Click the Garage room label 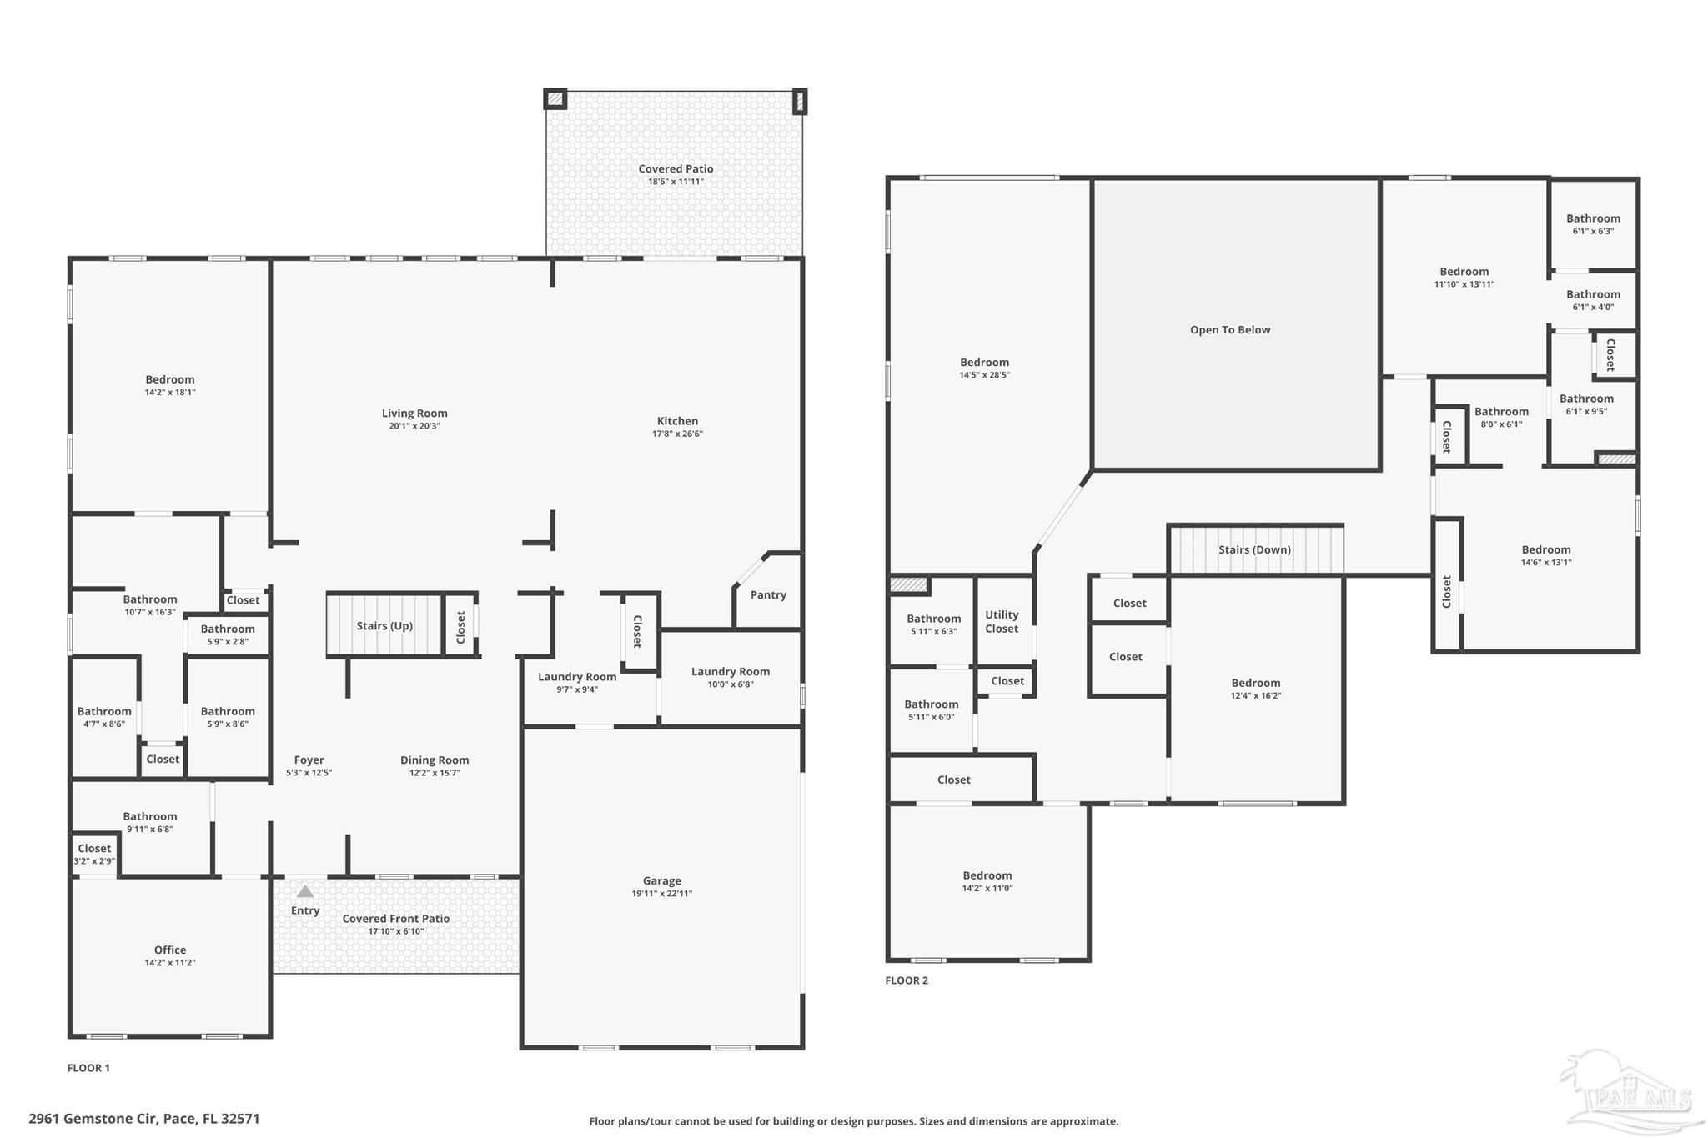coord(661,880)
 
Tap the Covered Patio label coord(676,168)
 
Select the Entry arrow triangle coord(305,891)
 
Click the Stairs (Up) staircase coord(384,624)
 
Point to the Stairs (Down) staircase coord(1255,549)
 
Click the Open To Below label coord(1230,329)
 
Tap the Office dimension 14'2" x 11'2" coord(170,963)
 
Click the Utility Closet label coord(1002,621)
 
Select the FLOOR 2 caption coord(907,980)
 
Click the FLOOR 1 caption coord(88,1068)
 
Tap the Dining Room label coord(435,760)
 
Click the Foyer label coord(309,760)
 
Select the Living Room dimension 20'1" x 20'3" coord(414,426)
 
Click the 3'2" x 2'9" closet coord(94,855)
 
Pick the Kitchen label coord(677,421)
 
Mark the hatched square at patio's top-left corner coord(555,99)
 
